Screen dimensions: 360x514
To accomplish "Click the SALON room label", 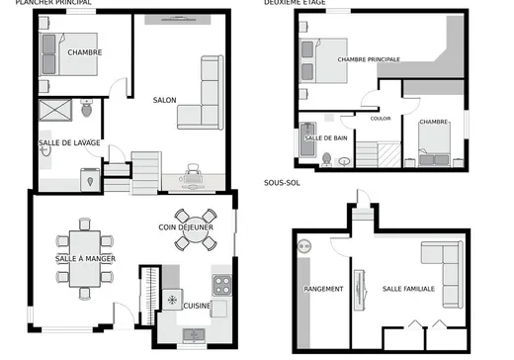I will click(164, 100).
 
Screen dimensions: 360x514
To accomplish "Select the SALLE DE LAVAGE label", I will click(69, 143).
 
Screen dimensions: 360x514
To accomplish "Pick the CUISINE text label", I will click(197, 307).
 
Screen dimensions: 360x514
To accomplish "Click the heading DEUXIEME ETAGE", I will click(294, 4).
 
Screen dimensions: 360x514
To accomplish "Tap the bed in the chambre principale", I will click(326, 58).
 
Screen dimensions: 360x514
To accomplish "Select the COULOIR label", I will click(381, 118).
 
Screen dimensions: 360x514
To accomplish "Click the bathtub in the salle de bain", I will click(308, 144).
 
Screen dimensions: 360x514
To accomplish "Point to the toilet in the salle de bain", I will click(327, 156).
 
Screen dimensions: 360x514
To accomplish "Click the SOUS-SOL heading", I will click(281, 184).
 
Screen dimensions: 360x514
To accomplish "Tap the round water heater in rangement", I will click(304, 245).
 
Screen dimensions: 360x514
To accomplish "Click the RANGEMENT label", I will click(323, 290).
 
